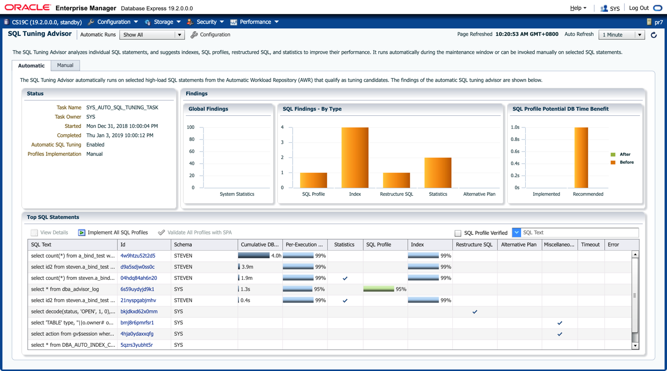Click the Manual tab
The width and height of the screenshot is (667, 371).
tap(65, 66)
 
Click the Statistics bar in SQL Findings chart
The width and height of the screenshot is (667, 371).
tap(438, 172)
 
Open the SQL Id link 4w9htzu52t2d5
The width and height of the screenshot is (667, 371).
tap(138, 256)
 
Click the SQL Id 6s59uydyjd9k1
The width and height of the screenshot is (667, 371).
tap(137, 289)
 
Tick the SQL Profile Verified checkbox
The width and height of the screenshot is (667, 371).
tap(458, 233)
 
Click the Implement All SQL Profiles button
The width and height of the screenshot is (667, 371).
tap(113, 232)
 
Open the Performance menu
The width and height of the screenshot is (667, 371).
tap(255, 22)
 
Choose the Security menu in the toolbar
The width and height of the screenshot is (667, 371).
tap(206, 22)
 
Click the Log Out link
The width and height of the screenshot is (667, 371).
tap(639, 8)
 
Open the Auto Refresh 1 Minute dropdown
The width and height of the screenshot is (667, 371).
tap(622, 35)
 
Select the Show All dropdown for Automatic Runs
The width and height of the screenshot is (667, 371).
tap(152, 35)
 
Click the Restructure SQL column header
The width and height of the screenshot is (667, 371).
tap(474, 245)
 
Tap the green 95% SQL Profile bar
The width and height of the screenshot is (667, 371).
tap(379, 289)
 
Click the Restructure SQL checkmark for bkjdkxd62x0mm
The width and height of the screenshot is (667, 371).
tap(475, 312)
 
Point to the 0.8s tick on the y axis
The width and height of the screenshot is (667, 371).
tap(515, 139)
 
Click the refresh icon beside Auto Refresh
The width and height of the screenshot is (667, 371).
tap(654, 35)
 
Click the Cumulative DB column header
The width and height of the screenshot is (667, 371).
tap(259, 245)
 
